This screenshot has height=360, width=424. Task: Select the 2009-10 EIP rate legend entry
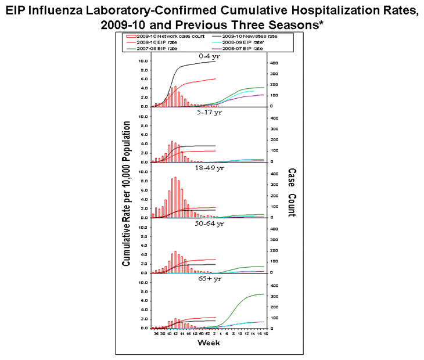pyautogui.click(x=150, y=42)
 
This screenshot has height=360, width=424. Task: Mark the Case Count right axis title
pyautogui.click(x=291, y=192)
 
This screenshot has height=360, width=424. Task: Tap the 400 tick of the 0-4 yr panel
pyautogui.click(x=274, y=63)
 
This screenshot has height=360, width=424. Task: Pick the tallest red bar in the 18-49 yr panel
pyautogui.click(x=175, y=197)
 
